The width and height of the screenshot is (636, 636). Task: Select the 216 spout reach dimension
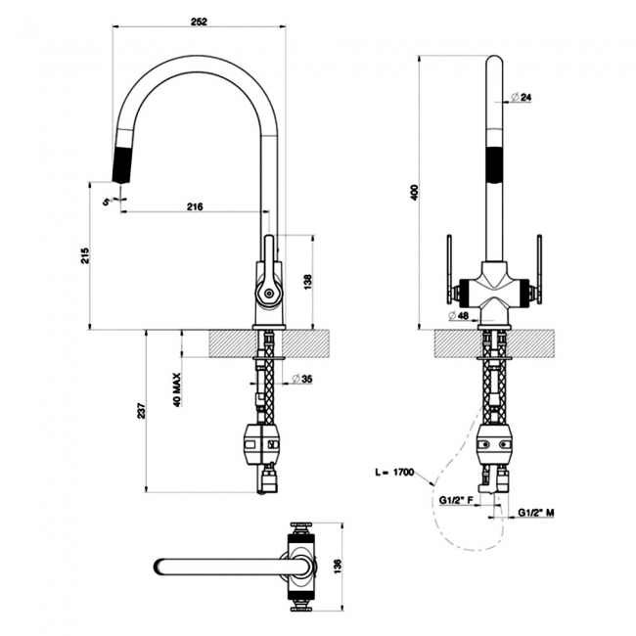tap(194, 205)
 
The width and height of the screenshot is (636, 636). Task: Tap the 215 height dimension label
tap(86, 255)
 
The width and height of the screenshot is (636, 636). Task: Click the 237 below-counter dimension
tap(142, 412)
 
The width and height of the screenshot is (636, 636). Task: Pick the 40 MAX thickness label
tap(178, 388)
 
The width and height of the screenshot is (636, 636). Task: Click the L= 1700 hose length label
tap(395, 473)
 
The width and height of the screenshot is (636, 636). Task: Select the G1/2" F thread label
tap(455, 501)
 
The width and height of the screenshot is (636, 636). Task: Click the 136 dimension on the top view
tap(339, 566)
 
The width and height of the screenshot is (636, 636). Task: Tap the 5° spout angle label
tap(107, 200)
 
